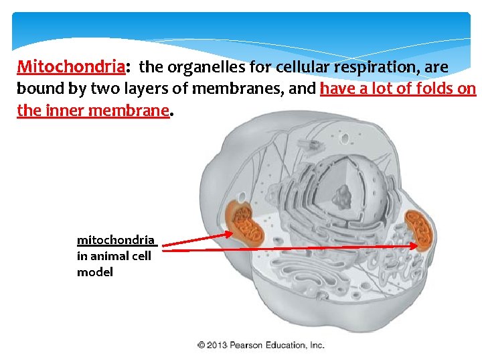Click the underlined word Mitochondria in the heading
click(x=71, y=68)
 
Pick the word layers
click(x=142, y=89)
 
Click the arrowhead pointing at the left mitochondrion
click(x=230, y=234)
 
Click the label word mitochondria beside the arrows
click(x=116, y=240)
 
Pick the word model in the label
click(x=94, y=271)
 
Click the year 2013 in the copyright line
click(x=217, y=345)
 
